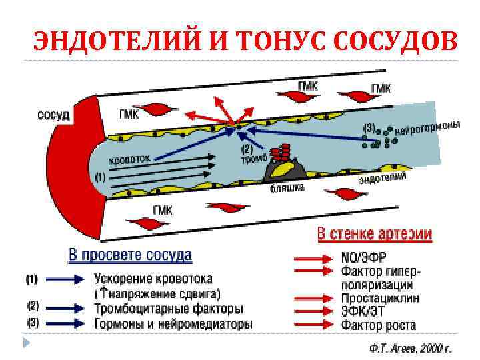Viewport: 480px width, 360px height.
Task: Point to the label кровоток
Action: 131,160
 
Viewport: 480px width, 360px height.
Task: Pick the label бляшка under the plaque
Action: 287,189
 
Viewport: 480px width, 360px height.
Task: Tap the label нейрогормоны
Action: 427,128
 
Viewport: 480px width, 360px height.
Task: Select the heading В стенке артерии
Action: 374,234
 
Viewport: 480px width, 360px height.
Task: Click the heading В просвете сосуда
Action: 131,255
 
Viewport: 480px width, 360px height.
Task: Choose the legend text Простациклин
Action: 380,299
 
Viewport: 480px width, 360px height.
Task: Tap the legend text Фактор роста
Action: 378,325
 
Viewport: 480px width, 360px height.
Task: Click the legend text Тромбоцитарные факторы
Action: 169,309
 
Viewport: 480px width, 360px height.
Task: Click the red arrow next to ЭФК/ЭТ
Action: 313,312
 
